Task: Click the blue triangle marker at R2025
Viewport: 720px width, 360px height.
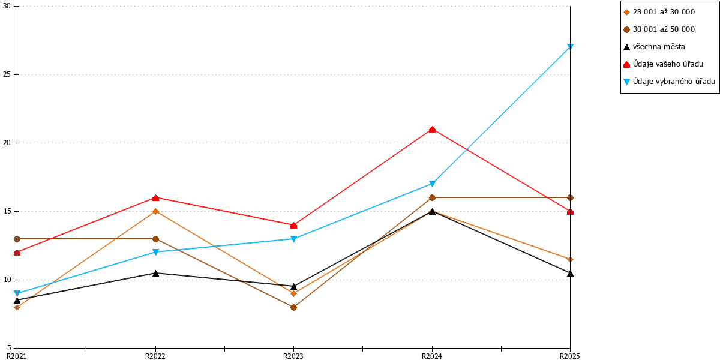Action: pyautogui.click(x=570, y=47)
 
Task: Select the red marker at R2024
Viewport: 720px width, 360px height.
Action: pyautogui.click(x=433, y=130)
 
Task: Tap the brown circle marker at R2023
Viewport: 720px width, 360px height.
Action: pyautogui.click(x=293, y=307)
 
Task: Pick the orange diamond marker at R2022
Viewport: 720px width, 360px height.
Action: pyautogui.click(x=155, y=211)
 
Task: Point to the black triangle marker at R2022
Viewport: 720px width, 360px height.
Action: pyautogui.click(x=155, y=273)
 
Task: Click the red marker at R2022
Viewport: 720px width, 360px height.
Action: pyautogui.click(x=155, y=197)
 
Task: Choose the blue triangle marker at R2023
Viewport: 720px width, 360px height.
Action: pyautogui.click(x=293, y=239)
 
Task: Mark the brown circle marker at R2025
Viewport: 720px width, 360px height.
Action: pyautogui.click(x=570, y=197)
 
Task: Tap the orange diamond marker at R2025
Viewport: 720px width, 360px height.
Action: pyautogui.click(x=570, y=259)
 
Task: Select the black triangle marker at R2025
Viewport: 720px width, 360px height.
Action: pyautogui.click(x=570, y=273)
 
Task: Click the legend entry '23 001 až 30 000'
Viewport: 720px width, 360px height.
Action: pyautogui.click(x=664, y=12)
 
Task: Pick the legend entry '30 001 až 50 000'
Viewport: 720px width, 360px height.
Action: pyautogui.click(x=664, y=29)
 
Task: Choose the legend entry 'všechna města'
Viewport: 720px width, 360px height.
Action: pyautogui.click(x=659, y=47)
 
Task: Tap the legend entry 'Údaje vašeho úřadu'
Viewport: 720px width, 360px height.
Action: pyautogui.click(x=668, y=64)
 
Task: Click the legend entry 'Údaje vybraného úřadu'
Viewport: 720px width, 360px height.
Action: pyautogui.click(x=674, y=82)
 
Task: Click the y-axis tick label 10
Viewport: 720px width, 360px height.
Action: pyautogui.click(x=7, y=280)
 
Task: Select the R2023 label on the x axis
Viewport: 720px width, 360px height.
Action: pyautogui.click(x=293, y=356)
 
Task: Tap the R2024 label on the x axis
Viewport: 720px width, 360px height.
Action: pyautogui.click(x=431, y=356)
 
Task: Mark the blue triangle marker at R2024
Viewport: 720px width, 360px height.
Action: pyautogui.click(x=433, y=184)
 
